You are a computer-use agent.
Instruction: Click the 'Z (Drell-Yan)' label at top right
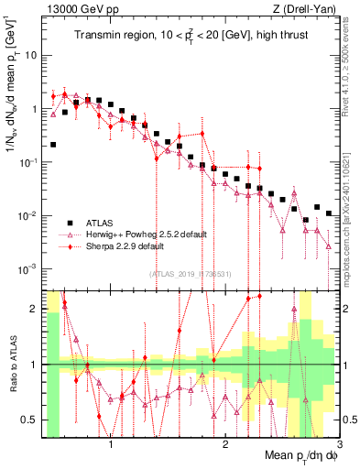(309, 9)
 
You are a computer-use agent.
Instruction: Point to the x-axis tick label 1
(111, 446)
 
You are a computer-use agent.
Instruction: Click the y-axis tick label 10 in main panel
(30, 55)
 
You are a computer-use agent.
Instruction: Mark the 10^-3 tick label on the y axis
(27, 269)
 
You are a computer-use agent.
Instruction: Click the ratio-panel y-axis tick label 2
(34, 308)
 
